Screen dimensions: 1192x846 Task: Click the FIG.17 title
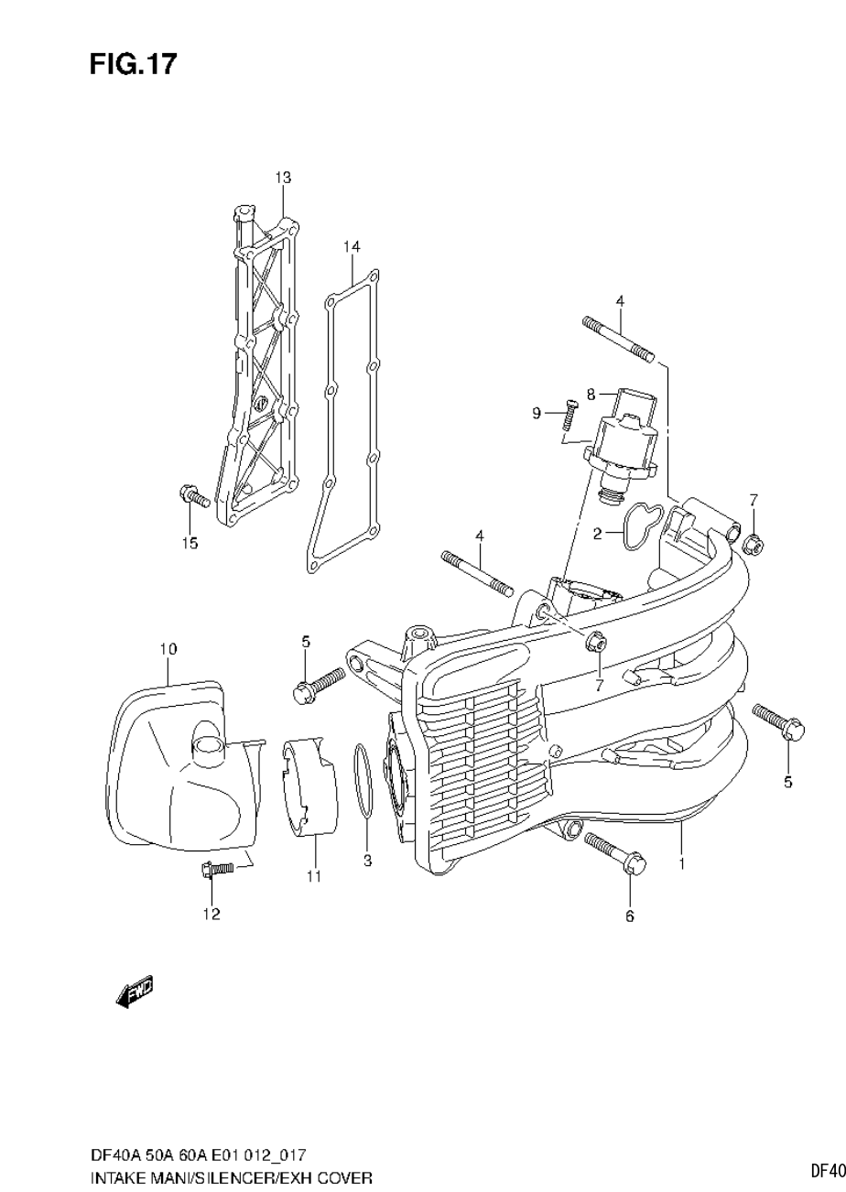click(133, 64)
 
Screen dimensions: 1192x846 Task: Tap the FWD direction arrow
click(136, 992)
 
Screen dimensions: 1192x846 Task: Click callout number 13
click(283, 177)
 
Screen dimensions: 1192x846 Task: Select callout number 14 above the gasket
click(352, 247)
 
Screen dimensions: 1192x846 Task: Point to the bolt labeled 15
click(193, 496)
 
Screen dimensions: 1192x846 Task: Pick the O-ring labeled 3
click(363, 779)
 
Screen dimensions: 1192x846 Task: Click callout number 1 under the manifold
click(682, 862)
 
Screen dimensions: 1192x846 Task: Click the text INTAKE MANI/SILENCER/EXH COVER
click(231, 1176)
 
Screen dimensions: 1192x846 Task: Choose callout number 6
click(630, 916)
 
